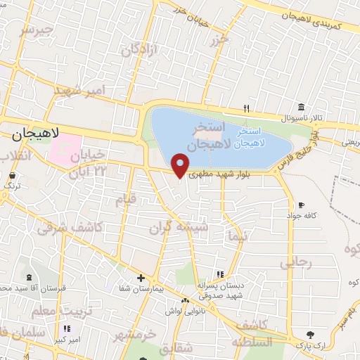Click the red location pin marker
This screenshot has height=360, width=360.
pos(181,165)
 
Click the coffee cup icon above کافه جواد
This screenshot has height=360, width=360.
pos(301,205)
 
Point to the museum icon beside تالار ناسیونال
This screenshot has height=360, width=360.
pos(302,107)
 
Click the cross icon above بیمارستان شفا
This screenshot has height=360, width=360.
pos(141,278)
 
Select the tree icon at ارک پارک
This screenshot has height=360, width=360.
pos(310,335)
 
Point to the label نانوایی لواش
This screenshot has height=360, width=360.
pos(185,310)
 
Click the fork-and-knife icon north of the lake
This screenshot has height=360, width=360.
pos(246,108)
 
